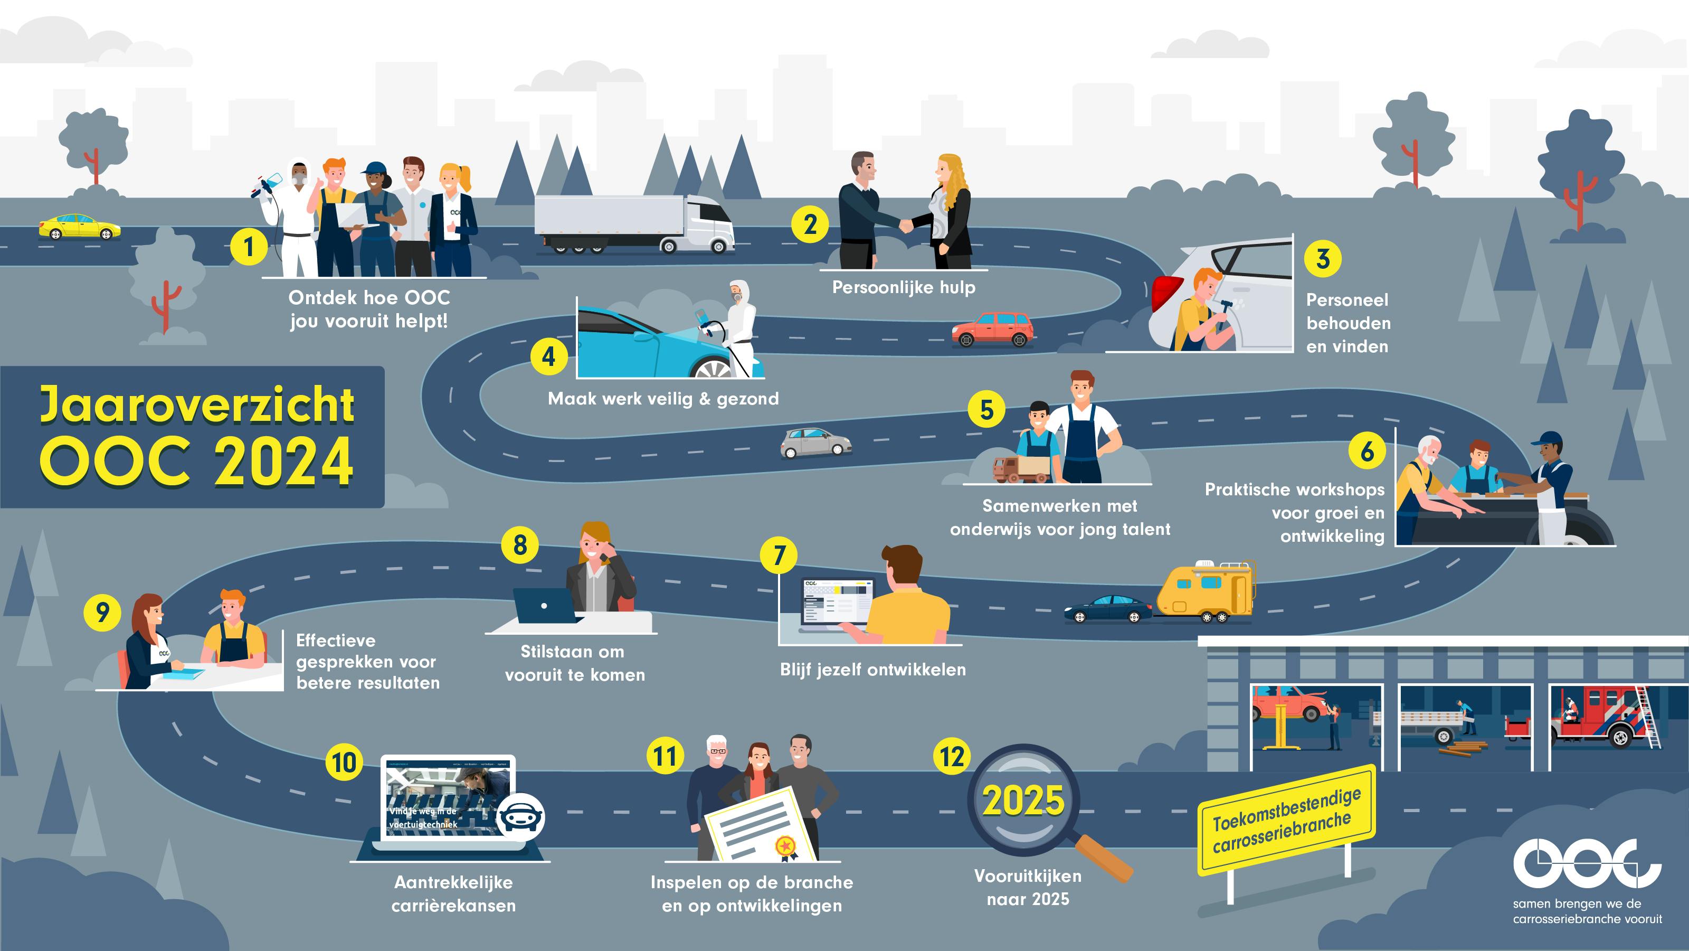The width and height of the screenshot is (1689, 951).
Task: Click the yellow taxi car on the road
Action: pos(79,227)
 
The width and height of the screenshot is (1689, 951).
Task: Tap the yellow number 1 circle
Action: pos(249,247)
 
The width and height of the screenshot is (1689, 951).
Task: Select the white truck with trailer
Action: pos(633,224)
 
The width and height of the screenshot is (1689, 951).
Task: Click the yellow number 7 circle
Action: pos(779,555)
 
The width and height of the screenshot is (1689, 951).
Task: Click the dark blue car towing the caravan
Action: pos(1107,609)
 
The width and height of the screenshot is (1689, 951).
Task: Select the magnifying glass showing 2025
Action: pos(1024,802)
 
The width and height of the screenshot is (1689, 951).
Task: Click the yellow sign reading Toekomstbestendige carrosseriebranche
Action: pos(1286,820)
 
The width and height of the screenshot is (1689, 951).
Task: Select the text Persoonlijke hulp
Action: pos(904,287)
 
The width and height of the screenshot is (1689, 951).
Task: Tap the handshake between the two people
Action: pos(906,225)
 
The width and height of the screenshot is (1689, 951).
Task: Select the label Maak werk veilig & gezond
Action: pos(663,399)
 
